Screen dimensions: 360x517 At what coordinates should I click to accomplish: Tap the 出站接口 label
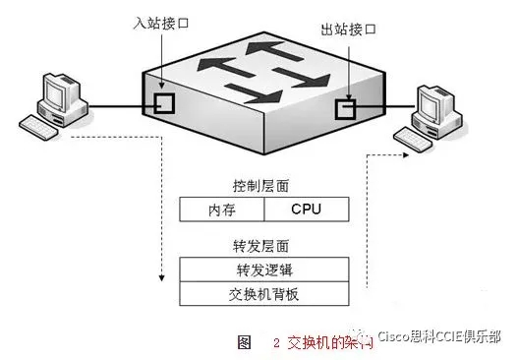pyautogui.click(x=349, y=30)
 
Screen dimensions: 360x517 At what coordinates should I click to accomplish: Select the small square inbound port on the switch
pyautogui.click(x=164, y=103)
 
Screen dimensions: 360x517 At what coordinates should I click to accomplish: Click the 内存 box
pyautogui.click(x=221, y=210)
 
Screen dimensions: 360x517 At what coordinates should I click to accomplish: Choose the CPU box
pyautogui.click(x=306, y=210)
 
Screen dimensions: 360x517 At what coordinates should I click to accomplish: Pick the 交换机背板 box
pyautogui.click(x=262, y=294)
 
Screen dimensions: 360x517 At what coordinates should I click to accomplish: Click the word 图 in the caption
pyautogui.click(x=245, y=342)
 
